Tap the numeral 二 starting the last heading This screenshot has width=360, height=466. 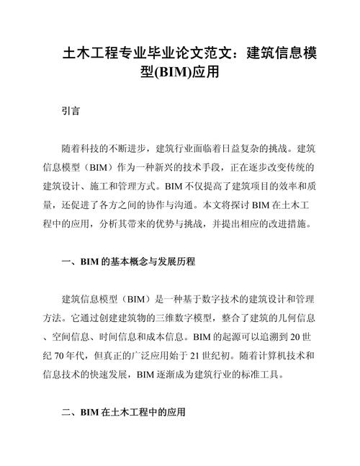66,412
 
